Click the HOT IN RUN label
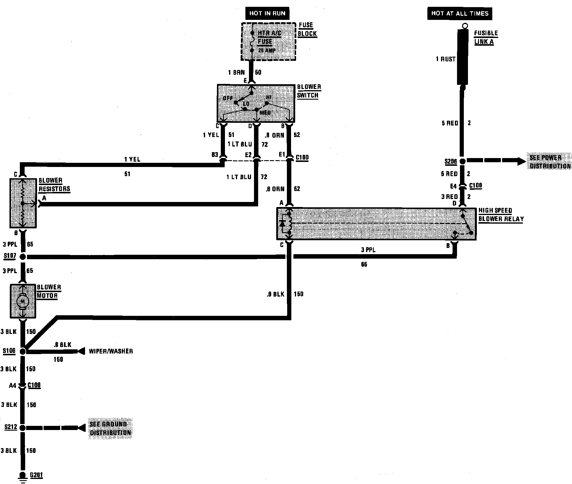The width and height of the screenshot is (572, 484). pyautogui.click(x=267, y=13)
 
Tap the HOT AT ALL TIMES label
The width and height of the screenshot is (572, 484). pyautogui.click(x=459, y=13)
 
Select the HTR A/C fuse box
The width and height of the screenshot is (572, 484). pyautogui.click(x=269, y=42)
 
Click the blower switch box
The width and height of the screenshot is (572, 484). pyautogui.click(x=256, y=103)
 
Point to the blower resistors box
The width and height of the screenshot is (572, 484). pyautogui.click(x=23, y=203)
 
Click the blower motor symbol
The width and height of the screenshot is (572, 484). pyautogui.click(x=23, y=301)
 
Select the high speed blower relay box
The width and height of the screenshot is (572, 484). pyautogui.click(x=376, y=224)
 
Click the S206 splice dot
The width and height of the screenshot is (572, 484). pyautogui.click(x=462, y=161)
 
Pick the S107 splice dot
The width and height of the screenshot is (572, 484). pyautogui.click(x=23, y=257)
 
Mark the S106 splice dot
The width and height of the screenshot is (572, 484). pyautogui.click(x=23, y=351)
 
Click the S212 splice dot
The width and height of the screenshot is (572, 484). pyautogui.click(x=23, y=428)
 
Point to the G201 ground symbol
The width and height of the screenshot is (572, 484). pyautogui.click(x=23, y=475)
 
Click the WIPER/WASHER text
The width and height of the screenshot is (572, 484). pyautogui.click(x=111, y=351)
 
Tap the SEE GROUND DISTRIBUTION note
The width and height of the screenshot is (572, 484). pyautogui.click(x=110, y=428)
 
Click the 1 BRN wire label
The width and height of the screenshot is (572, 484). pyautogui.click(x=236, y=72)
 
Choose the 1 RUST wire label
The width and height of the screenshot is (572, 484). pyautogui.click(x=445, y=59)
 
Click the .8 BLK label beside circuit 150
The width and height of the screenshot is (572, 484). pyautogui.click(x=275, y=294)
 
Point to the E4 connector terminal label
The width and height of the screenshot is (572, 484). pyautogui.click(x=453, y=186)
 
